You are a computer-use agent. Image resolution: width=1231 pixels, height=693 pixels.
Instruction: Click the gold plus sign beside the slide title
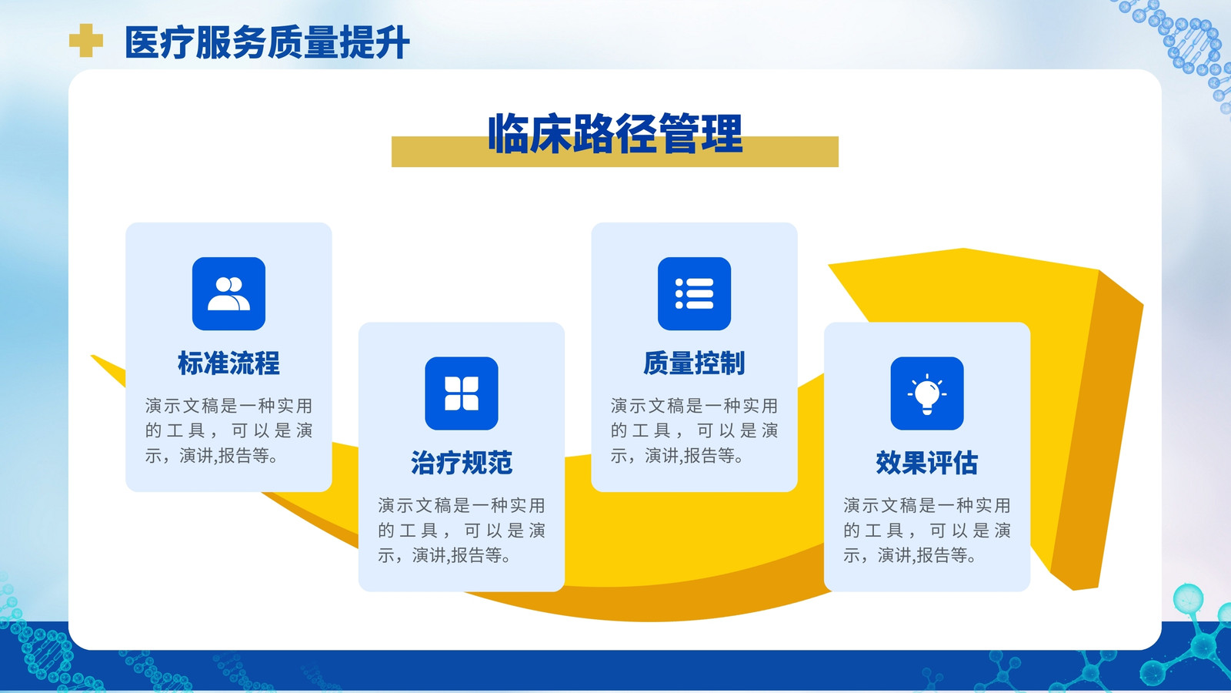(85, 40)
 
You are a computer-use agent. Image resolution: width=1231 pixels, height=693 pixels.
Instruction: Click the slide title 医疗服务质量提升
(267, 42)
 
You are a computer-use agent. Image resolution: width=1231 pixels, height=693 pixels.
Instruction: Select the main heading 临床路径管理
(615, 134)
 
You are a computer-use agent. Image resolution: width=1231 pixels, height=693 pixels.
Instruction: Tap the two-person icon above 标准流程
(229, 293)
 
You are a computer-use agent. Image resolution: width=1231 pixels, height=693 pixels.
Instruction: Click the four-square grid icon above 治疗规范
(462, 393)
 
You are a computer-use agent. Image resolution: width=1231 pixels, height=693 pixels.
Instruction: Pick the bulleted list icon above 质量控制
(694, 293)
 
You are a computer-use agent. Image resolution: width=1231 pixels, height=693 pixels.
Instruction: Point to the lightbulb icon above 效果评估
(927, 393)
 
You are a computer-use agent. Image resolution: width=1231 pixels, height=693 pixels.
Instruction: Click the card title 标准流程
(229, 363)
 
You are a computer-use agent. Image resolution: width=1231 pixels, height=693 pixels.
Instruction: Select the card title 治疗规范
(462, 463)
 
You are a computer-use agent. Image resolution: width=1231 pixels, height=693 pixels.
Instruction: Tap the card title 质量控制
(694, 363)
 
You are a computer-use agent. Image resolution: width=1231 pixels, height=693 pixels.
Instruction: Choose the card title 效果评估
(927, 463)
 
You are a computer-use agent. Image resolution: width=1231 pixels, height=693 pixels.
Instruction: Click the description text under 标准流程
(229, 430)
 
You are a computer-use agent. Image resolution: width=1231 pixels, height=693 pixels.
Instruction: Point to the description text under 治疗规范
(462, 531)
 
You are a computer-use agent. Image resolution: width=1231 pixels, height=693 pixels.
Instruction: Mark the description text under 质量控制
(694, 430)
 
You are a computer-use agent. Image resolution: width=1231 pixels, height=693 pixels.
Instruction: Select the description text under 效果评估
(927, 531)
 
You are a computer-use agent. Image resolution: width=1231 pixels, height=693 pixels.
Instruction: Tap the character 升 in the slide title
(392, 42)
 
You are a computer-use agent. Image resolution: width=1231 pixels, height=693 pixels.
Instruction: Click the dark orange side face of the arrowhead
(1093, 429)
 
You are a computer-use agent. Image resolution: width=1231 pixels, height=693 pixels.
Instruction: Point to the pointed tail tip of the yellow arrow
(92, 357)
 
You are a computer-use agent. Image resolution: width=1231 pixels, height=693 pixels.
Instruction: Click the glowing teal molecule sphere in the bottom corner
(1188, 598)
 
